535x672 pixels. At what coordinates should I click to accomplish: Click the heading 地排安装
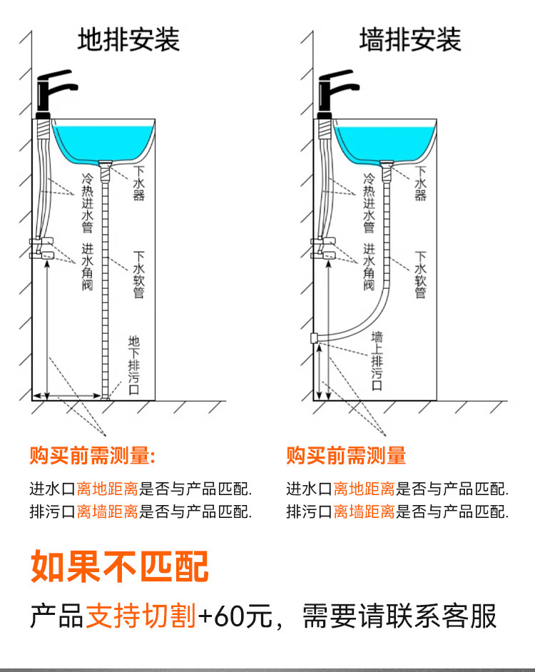coord(128,39)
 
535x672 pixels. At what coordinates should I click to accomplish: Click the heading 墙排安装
coord(410,39)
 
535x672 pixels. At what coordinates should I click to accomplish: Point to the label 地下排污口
coord(135,364)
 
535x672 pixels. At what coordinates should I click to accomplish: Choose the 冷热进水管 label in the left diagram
coord(88,203)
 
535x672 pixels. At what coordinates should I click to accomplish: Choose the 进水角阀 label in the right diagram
coord(369,268)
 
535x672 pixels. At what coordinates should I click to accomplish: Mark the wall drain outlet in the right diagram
coord(315,337)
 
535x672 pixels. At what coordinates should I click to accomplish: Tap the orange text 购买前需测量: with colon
coord(93,455)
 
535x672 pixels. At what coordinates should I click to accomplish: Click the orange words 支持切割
coord(141,616)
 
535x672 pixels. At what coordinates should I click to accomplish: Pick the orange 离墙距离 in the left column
coord(107,511)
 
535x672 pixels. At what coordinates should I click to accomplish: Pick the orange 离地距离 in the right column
coord(364,489)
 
